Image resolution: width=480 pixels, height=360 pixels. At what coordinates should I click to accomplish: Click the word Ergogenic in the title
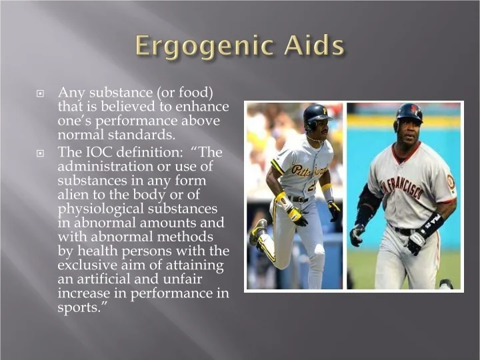click(x=203, y=46)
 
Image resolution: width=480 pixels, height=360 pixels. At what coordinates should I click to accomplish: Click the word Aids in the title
click(x=314, y=45)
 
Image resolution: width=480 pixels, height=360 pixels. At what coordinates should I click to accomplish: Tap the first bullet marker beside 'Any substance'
click(x=40, y=93)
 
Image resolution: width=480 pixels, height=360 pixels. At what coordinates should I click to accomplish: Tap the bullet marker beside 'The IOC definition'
click(x=40, y=153)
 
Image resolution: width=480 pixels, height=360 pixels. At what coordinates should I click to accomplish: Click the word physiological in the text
click(x=101, y=209)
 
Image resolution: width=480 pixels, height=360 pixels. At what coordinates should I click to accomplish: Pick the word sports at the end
click(x=79, y=308)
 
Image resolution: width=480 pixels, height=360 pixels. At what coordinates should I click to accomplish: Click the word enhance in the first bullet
click(x=202, y=107)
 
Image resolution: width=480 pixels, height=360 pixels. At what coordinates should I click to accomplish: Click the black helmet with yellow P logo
click(x=316, y=115)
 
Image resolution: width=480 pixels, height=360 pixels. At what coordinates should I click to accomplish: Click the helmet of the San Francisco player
click(x=409, y=113)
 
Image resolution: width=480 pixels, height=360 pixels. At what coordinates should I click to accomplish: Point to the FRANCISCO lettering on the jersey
click(x=403, y=187)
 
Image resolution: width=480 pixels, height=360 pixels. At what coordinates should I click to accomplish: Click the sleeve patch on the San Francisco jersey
click(x=451, y=182)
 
